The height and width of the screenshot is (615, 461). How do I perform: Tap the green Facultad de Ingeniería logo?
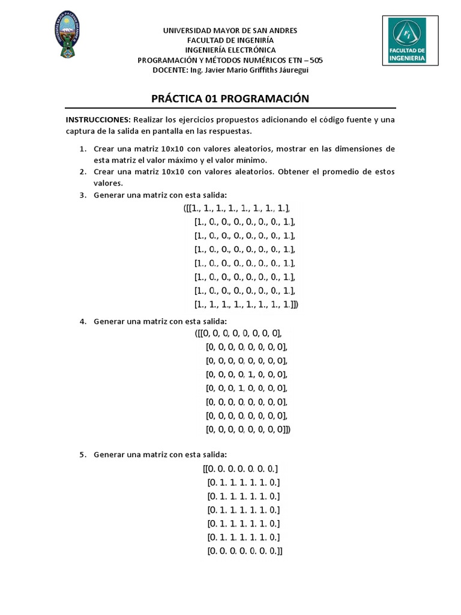408,40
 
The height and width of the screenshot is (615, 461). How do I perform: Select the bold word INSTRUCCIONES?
98,120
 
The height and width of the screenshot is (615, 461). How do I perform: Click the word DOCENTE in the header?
170,70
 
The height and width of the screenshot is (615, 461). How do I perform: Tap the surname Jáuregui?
292,70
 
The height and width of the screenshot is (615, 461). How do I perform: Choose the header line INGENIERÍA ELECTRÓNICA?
230,50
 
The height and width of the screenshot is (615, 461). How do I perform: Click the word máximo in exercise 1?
181,160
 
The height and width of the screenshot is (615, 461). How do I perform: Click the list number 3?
83,195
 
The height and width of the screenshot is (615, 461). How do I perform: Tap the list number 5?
83,455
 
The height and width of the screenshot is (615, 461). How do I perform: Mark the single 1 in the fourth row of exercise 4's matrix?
250,374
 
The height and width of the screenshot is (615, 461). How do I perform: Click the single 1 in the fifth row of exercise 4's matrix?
240,388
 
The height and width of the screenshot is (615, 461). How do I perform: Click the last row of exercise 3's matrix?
246,304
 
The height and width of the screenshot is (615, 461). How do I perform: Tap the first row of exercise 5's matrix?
241,468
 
